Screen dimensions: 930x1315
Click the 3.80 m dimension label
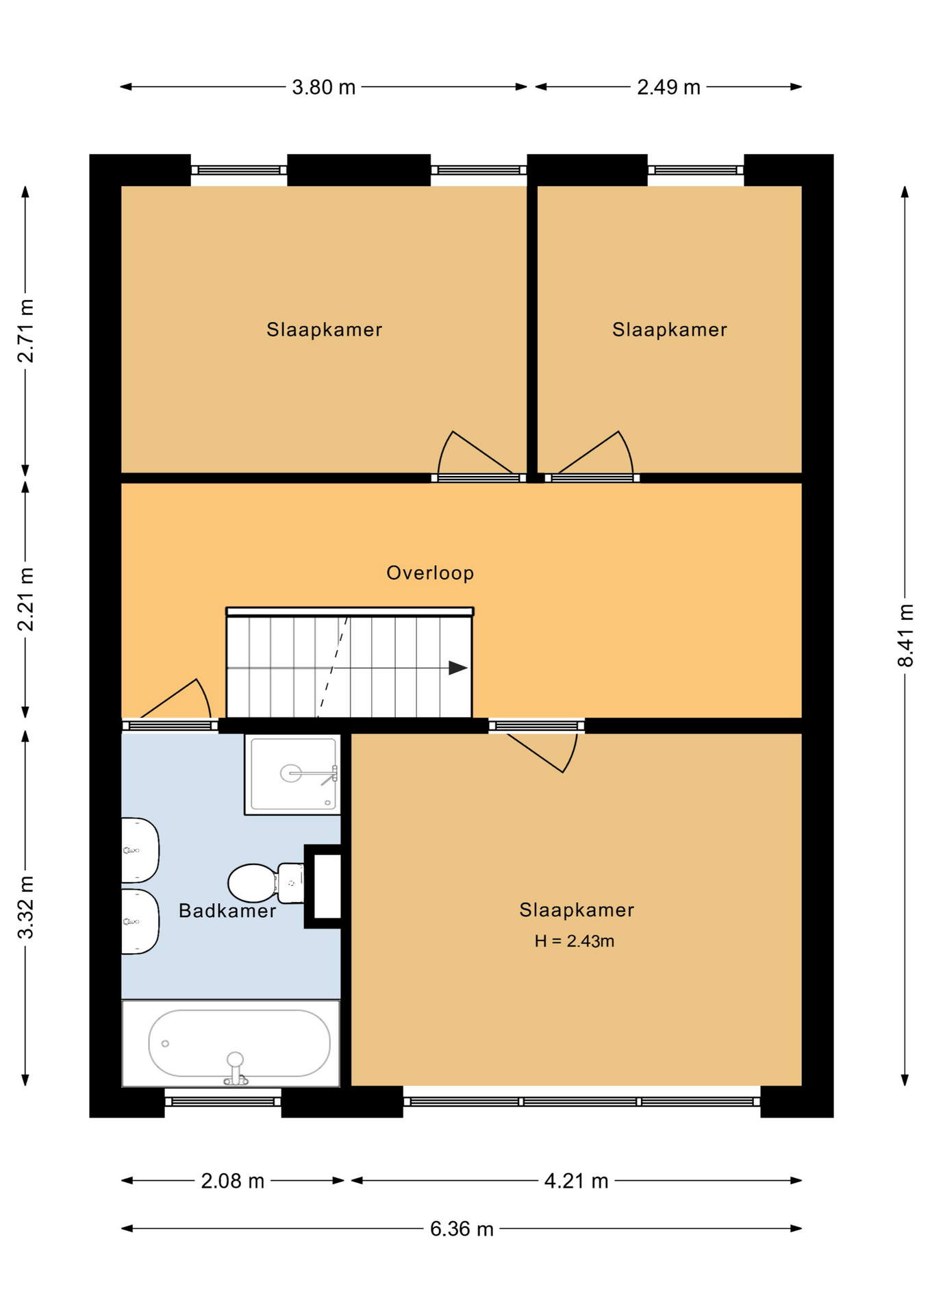point(324,87)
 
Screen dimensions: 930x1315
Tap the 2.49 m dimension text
point(669,87)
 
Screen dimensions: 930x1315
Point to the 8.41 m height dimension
point(905,635)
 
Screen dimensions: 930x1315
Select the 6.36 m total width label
point(462,1229)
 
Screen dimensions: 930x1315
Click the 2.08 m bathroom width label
point(233,1181)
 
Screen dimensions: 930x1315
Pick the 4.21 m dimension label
point(577,1181)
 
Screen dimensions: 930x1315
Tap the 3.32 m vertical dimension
point(25,907)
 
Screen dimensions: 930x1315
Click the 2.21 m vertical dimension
point(25,599)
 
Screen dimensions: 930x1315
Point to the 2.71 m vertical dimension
point(25,331)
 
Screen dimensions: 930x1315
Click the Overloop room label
point(430,573)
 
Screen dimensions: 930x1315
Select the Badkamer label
point(227,910)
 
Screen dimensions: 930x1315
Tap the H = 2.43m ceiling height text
point(575,941)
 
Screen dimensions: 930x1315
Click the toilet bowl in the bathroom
point(253,883)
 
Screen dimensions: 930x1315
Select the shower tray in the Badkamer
point(292,774)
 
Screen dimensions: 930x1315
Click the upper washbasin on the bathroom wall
point(140,850)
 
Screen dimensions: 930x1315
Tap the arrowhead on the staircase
point(457,668)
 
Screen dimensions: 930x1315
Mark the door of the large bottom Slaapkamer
point(542,753)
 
